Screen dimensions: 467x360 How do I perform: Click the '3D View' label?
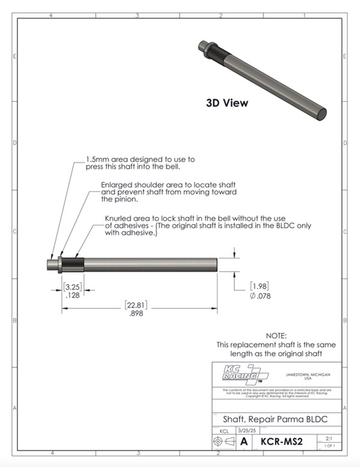[x=227, y=103]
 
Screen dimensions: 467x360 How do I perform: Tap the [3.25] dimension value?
[x=71, y=286]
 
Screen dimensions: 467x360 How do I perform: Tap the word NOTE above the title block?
[x=276, y=335]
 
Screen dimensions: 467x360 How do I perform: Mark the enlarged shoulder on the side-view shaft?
[x=61, y=263]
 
